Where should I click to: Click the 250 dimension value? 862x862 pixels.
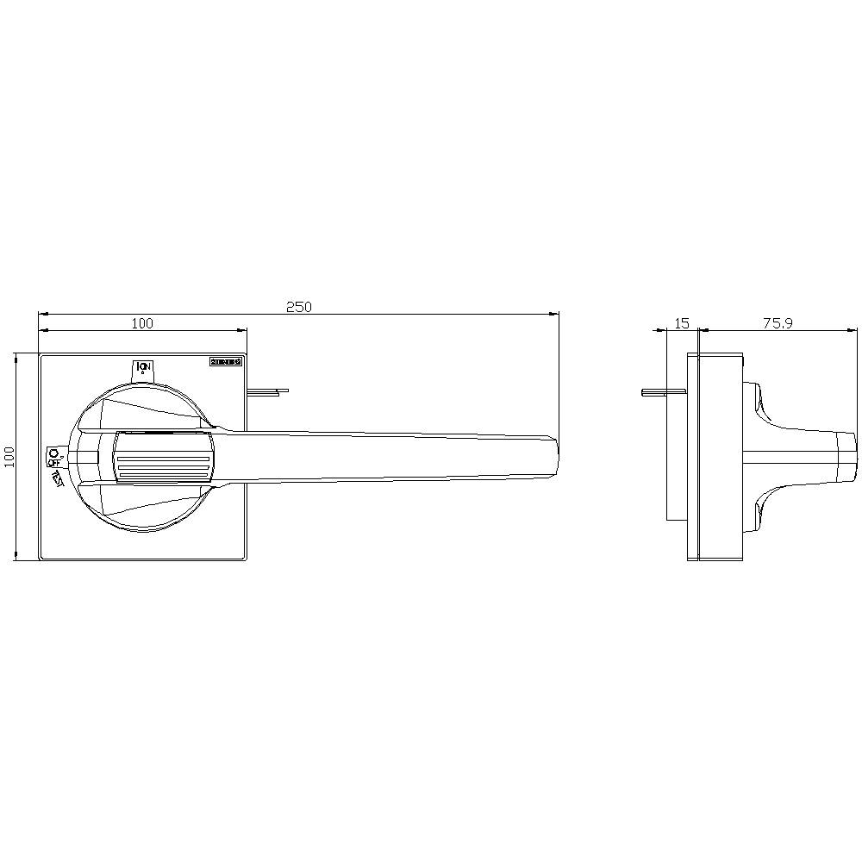(x=298, y=306)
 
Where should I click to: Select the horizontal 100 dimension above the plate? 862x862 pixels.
(x=142, y=323)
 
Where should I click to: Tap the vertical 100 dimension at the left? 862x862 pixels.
(x=9, y=456)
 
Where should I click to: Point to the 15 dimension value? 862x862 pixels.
(x=682, y=323)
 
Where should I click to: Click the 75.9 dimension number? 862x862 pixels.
(x=778, y=323)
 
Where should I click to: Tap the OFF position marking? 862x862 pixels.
(x=53, y=456)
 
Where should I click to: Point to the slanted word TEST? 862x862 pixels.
(x=57, y=477)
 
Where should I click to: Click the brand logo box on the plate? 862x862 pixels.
(x=226, y=363)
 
